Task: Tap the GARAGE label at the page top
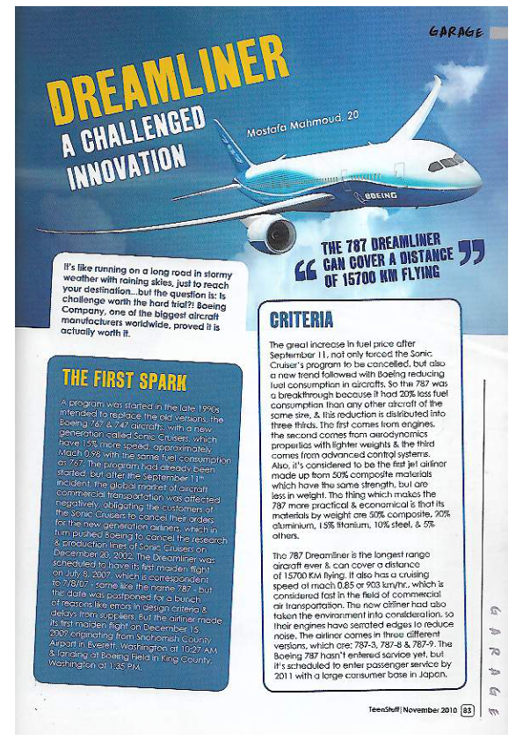click(x=455, y=32)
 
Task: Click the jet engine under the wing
click(x=269, y=231)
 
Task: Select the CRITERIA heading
click(x=301, y=319)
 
